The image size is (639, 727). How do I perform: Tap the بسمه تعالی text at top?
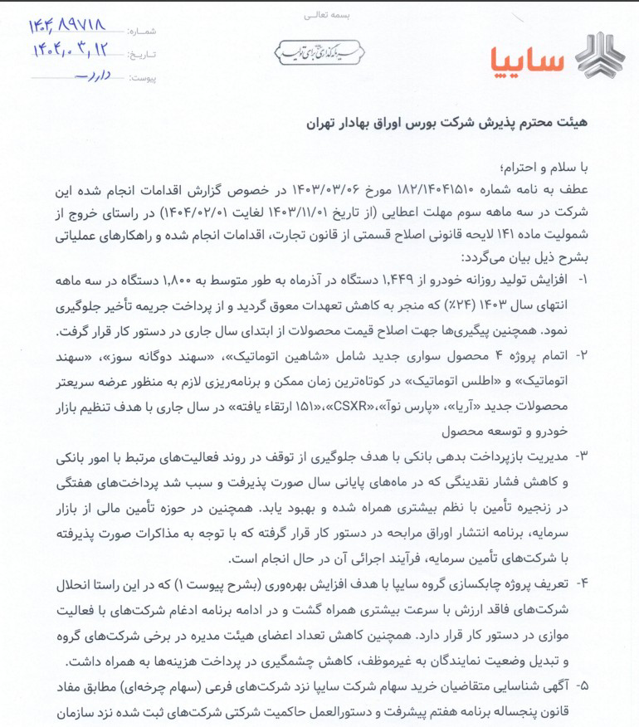(319, 15)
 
